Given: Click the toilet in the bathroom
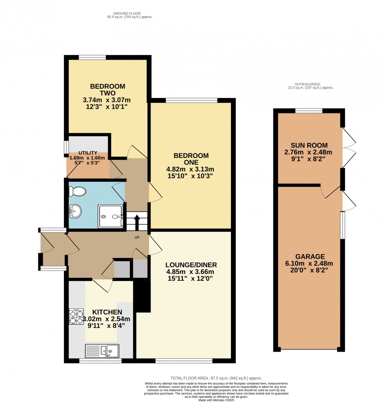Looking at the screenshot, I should pos(78,192).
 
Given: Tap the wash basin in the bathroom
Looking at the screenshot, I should pos(75,211).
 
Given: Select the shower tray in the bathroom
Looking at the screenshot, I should pos(110,216).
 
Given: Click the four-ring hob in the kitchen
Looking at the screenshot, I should pos(76,316).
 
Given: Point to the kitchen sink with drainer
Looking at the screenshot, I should pos(102,350).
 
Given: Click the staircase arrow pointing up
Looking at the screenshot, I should pos(137,221).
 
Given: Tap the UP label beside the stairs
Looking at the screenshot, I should pos(137,238).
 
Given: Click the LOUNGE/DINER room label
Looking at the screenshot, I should pos(191,265).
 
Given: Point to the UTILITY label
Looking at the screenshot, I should pos(88,153).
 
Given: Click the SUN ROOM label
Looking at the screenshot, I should pos(309,145).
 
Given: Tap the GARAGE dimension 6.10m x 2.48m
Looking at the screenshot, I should pos(309,263).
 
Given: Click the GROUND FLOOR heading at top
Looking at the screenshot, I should pos(130,14).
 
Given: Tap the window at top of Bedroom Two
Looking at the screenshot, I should pos(92,57).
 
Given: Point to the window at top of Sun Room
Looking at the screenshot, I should pos(309,110).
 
